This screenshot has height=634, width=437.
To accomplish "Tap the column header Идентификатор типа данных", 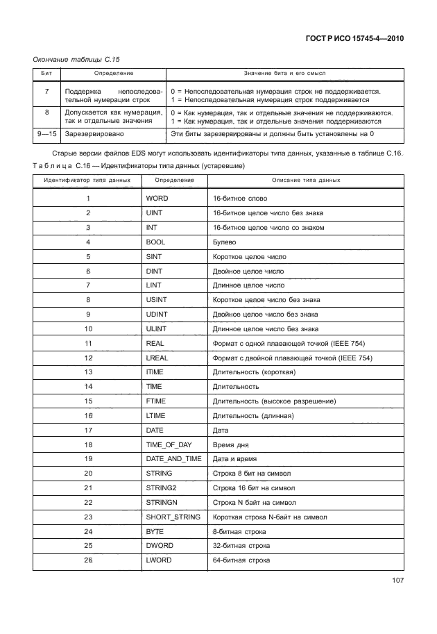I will [87, 180].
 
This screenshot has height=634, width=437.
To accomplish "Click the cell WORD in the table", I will [157, 199].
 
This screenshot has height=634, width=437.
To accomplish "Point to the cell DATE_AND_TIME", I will [173, 459].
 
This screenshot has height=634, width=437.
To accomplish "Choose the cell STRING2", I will [162, 488].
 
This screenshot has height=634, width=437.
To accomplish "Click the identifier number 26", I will [88, 560].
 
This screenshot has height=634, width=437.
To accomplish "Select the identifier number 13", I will [88, 372].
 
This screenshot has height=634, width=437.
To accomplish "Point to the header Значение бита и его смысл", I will [284, 73].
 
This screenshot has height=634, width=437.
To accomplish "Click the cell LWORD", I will [159, 560].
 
